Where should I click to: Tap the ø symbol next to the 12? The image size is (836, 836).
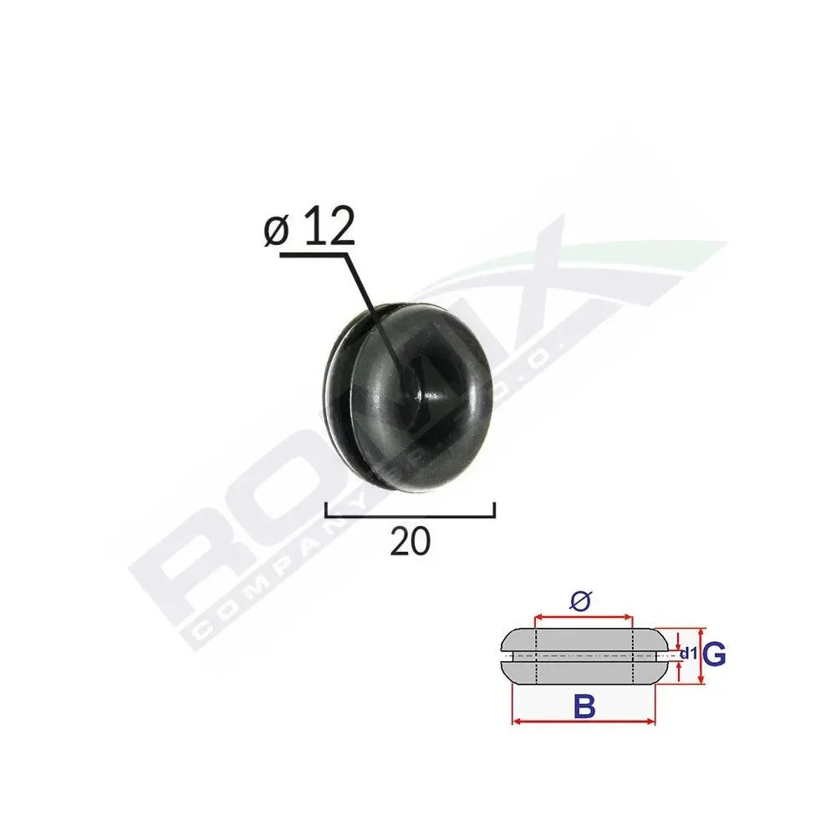[278, 231]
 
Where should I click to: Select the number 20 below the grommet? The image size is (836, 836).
[410, 542]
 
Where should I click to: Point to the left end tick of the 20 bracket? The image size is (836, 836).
[325, 510]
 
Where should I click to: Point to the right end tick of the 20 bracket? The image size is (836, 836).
[495, 510]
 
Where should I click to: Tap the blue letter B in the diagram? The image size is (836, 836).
[584, 707]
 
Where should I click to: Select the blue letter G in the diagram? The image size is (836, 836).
[713, 655]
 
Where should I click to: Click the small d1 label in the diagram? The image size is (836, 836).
[688, 653]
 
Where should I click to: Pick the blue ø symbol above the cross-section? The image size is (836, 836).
[583, 599]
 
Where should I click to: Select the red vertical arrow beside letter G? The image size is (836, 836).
[701, 657]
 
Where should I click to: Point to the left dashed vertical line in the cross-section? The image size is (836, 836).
[535, 656]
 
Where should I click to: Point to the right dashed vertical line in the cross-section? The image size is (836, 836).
[633, 656]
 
